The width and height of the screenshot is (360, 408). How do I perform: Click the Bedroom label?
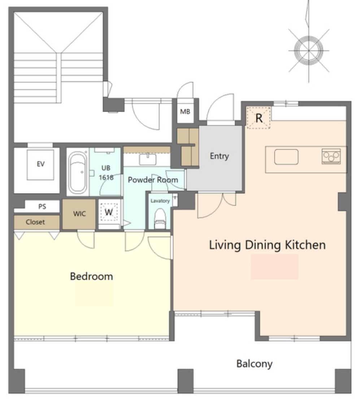[91, 276]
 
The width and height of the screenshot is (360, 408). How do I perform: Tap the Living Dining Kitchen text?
[267, 245]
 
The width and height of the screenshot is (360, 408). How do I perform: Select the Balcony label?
[255, 364]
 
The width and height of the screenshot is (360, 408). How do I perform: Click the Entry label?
[220, 156]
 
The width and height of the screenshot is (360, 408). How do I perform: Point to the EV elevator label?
[40, 164]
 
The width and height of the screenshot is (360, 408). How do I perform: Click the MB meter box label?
[185, 112]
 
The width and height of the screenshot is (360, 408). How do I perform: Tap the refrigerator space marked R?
[259, 118]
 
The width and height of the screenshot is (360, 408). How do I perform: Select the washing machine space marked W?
[109, 212]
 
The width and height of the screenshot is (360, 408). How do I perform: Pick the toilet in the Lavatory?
[160, 218]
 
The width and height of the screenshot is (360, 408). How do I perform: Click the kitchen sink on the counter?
[286, 156]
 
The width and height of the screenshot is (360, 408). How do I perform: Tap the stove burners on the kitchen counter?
[331, 156]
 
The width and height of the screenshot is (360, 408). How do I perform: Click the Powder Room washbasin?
[148, 159]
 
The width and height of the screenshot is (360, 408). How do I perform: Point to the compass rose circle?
[309, 50]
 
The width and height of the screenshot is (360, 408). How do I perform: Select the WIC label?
[79, 214]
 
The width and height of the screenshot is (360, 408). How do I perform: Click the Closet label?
[35, 222]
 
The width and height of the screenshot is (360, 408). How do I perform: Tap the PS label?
[42, 207]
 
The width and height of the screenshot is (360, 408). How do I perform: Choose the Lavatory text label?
[160, 201]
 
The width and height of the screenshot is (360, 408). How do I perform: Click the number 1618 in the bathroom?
[106, 177]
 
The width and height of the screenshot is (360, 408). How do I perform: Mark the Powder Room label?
[153, 180]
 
